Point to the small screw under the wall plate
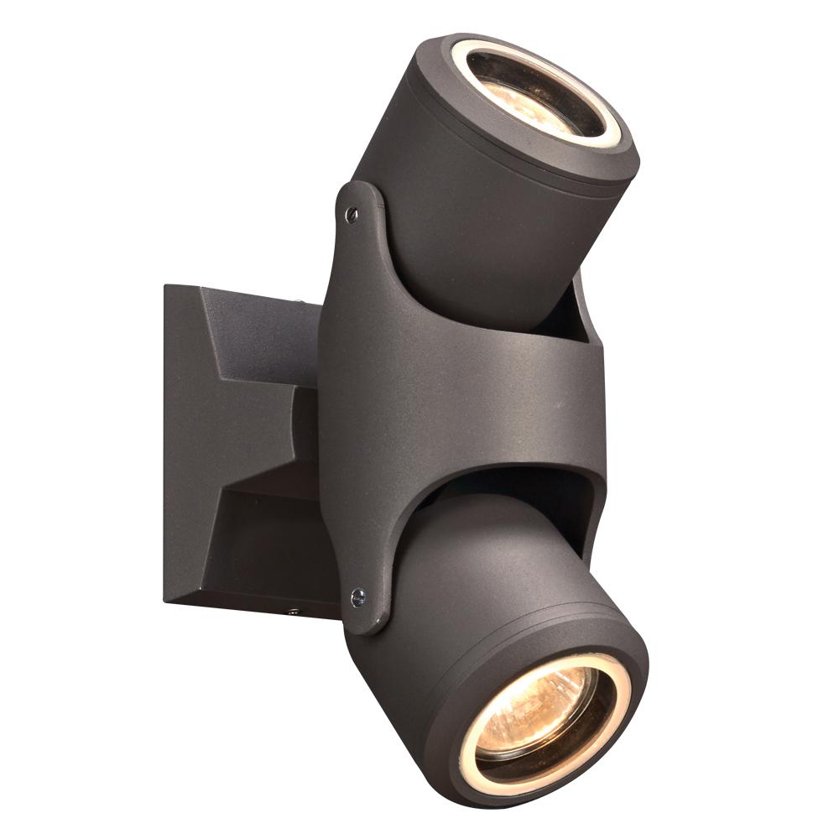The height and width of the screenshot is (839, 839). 293,611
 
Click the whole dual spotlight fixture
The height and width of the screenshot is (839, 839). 419,419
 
